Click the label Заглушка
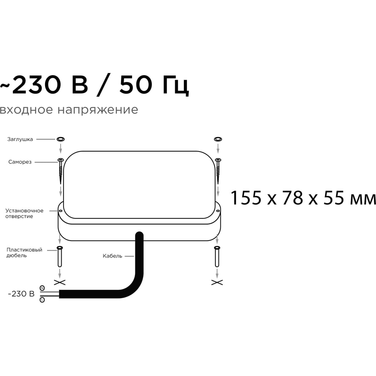(x=20, y=139)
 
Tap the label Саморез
(x=20, y=162)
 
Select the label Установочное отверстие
(x=24, y=214)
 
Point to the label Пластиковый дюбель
(x=24, y=253)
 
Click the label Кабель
(x=112, y=256)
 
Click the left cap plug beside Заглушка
(x=61, y=139)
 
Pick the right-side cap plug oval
(x=218, y=139)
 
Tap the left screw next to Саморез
(x=61, y=171)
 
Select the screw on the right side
(x=218, y=171)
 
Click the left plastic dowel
(x=60, y=256)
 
